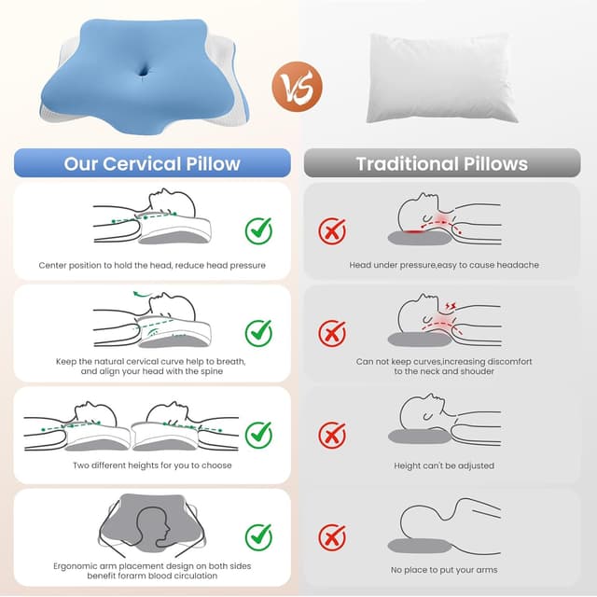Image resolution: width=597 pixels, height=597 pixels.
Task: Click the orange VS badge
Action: coord(298,87)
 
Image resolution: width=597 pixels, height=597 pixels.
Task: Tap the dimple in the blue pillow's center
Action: coord(144,71)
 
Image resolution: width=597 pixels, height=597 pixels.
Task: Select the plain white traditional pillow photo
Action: coord(441,78)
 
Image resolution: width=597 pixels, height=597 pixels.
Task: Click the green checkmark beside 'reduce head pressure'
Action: coord(259,230)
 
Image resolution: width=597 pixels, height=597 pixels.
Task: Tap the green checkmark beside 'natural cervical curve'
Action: coord(259,333)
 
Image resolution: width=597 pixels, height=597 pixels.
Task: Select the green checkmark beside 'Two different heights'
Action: coord(259,435)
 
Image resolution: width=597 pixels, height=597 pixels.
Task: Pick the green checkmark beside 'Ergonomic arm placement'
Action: coord(259,537)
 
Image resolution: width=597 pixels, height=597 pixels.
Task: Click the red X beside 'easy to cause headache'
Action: coord(332,230)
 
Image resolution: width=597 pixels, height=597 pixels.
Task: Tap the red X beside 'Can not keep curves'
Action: coord(332,333)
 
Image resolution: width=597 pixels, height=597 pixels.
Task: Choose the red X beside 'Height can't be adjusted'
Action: coord(332,435)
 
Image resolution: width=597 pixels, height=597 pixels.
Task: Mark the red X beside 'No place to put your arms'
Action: coord(332,537)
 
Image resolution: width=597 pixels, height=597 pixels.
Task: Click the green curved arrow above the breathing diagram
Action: coord(142,295)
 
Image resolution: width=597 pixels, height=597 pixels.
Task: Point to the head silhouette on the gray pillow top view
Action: coord(153,528)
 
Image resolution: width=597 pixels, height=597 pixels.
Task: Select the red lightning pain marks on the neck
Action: coord(451,306)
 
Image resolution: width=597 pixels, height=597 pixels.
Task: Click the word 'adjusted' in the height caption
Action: coord(476,465)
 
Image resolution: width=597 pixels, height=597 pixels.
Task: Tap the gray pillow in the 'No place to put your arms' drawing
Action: coord(419,546)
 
